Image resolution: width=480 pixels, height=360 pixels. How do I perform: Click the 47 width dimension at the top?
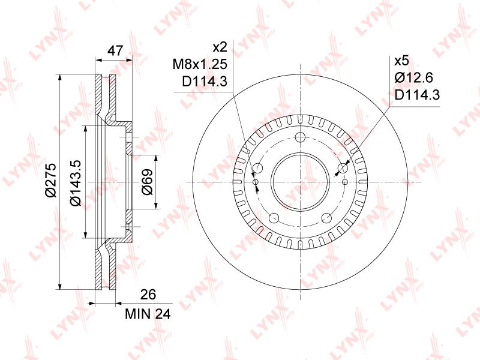tap(115, 51)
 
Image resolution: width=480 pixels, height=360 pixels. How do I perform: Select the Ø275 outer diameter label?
tap(50, 179)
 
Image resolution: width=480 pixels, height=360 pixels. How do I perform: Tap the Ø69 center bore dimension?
tap(147, 182)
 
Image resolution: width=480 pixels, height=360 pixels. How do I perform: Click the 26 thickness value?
tap(148, 294)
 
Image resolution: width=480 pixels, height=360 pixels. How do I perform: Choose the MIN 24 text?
tap(148, 314)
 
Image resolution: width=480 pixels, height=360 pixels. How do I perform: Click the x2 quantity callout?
tap(220, 47)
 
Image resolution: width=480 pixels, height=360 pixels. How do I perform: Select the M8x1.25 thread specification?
tap(200, 64)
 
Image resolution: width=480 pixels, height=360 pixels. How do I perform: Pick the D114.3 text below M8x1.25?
tap(205, 82)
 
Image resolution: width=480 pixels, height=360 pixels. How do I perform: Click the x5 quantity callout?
tap(401, 61)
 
